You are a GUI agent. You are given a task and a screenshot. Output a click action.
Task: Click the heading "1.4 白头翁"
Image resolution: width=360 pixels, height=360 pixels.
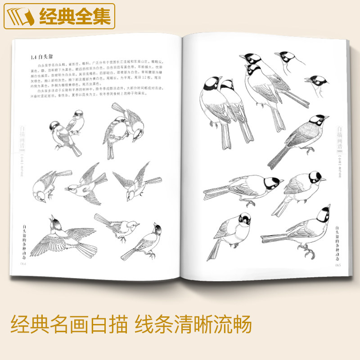[40, 57]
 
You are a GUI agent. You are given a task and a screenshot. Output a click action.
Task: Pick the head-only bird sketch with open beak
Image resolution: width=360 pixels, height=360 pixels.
[315, 84]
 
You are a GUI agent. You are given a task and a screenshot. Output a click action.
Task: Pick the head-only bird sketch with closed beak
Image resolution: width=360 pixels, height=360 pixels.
[285, 61]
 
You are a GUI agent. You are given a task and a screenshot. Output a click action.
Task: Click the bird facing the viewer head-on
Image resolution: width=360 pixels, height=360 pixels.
[238, 229]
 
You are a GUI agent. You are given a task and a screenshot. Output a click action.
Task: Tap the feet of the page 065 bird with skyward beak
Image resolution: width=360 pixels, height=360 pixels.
[306, 250]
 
